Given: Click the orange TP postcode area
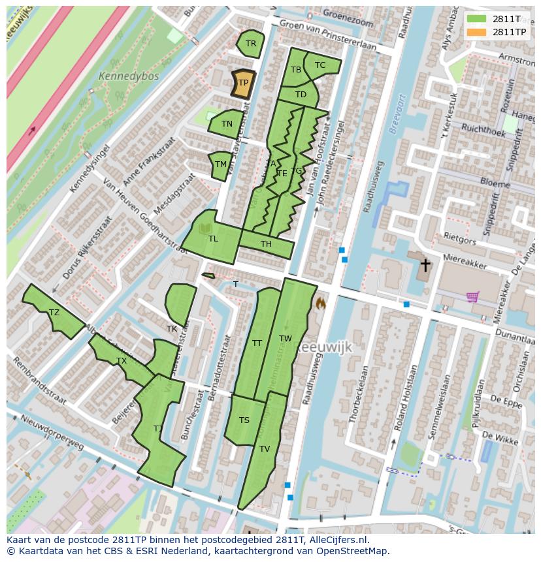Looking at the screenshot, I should point(242,84).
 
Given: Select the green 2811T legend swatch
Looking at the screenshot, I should point(476,18).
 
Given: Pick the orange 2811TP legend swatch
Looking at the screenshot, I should point(476,31).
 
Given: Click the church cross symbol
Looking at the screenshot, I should point(425,265).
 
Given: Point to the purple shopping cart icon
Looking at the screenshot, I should point(473,297).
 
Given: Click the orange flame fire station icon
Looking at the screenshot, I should point(321,303).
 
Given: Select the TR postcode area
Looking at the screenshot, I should point(250,44).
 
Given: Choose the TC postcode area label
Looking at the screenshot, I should point(320,65).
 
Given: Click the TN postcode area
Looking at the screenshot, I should point(227,124).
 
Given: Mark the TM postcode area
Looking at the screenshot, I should point(221,164).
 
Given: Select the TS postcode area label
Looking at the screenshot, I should point(244,420).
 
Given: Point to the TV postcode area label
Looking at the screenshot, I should point(265,449).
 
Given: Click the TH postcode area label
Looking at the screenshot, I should point(266,245).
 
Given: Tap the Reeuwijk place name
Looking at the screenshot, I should point(324,348).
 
